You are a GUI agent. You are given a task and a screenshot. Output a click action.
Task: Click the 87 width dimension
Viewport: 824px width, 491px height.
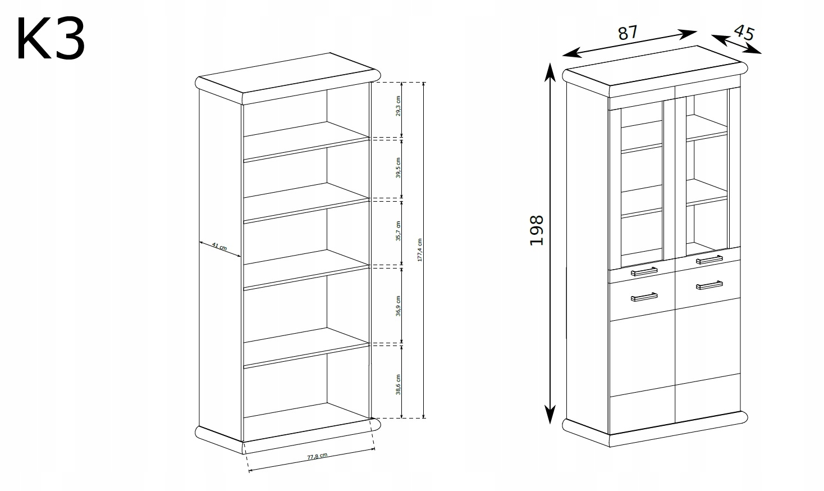[x=628, y=33]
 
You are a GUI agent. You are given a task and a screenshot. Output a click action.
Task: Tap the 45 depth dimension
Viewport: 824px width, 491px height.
[x=743, y=33]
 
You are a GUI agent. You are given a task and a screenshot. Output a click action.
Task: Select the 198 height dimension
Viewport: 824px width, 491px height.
[x=537, y=230]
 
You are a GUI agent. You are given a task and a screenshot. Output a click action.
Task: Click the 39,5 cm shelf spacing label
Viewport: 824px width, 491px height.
[x=398, y=167]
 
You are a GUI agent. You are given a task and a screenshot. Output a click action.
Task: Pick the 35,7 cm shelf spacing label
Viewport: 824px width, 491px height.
[x=398, y=231]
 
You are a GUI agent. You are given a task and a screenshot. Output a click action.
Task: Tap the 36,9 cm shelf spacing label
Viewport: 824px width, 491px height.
[x=398, y=304]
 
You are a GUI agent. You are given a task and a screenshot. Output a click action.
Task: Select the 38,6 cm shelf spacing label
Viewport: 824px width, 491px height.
[x=398, y=383]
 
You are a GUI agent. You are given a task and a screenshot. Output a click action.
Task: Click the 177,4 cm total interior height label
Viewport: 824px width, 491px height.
[x=420, y=249]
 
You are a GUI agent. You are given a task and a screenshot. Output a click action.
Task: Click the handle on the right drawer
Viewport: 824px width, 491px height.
[x=709, y=285]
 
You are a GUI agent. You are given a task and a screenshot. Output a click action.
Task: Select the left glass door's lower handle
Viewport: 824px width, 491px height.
[x=644, y=272]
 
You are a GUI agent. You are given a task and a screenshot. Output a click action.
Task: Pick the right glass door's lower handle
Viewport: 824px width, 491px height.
[x=709, y=260]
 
